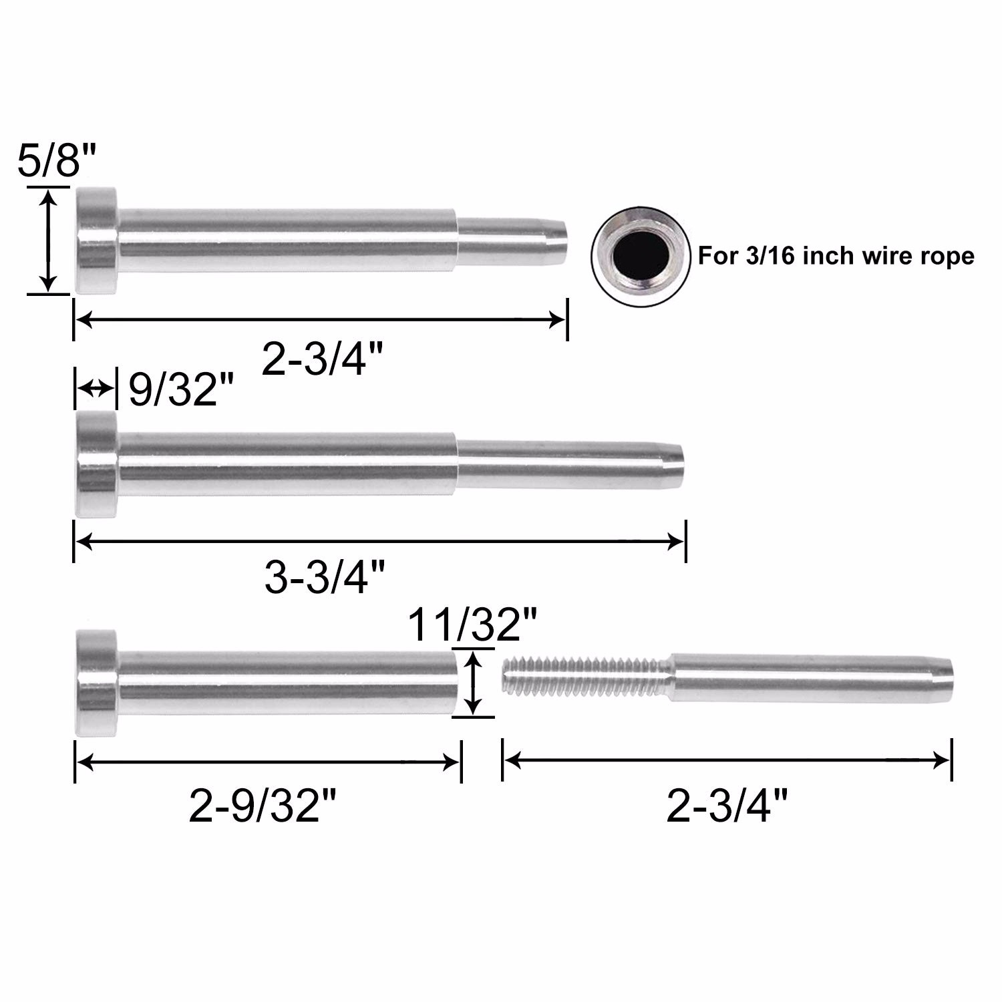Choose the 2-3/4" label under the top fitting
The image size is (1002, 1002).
click(x=323, y=360)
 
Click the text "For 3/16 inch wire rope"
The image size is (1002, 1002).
click(x=836, y=256)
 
